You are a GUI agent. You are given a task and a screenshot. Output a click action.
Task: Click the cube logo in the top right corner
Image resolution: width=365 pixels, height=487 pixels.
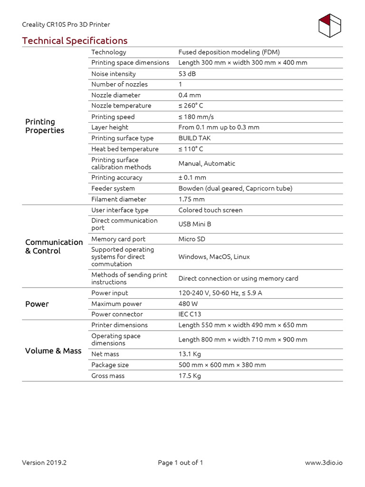tap(330, 26)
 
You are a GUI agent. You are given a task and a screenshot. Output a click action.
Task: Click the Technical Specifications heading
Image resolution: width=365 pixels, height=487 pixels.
tap(75, 41)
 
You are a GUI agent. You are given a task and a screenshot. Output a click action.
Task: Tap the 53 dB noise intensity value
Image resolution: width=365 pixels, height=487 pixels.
tap(187, 74)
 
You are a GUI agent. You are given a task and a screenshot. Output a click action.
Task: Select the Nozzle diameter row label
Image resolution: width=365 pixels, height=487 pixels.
tap(116, 95)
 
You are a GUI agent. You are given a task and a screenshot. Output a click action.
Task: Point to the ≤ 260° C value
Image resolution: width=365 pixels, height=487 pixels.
tap(191, 106)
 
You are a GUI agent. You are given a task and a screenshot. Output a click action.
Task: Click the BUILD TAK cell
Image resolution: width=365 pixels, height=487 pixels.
tap(194, 138)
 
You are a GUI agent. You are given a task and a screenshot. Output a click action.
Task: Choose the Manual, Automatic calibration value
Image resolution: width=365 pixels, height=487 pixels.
tap(207, 163)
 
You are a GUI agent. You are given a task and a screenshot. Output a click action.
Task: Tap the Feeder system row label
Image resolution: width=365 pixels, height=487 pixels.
tap(113, 188)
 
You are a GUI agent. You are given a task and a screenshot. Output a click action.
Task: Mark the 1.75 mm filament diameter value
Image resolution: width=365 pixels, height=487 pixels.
tap(192, 199)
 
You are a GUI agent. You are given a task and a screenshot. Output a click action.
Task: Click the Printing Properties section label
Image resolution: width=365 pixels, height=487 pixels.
tap(45, 126)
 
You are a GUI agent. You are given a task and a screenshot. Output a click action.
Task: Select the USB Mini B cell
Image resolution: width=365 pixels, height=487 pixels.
tap(195, 224)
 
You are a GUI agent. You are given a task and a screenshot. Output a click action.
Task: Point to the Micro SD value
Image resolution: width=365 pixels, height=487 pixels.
tap(192, 239)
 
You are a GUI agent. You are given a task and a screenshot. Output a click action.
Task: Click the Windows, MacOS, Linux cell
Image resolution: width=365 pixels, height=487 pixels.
tap(214, 256)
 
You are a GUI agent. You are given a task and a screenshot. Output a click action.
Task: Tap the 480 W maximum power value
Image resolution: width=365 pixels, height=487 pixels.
tap(188, 303)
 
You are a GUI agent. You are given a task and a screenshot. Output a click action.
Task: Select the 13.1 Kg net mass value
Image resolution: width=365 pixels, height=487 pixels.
tap(190, 354)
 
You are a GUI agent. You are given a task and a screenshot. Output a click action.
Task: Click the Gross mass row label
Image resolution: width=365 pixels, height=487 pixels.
tap(108, 376)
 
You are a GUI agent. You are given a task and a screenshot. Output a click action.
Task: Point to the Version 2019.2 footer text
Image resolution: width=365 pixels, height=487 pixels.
tap(44, 463)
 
